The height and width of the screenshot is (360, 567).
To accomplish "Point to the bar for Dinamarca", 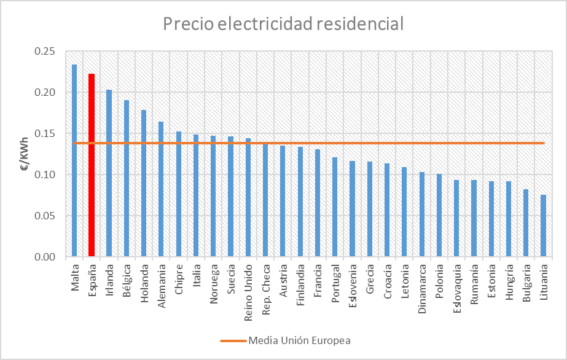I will click(x=421, y=214).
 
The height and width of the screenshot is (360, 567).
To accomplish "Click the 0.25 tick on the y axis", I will click(x=45, y=52).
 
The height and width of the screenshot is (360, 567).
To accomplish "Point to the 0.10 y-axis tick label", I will click(x=45, y=175).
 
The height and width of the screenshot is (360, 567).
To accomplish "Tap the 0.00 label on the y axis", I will click(x=45, y=257).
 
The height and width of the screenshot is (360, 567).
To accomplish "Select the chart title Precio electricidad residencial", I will click(x=283, y=24).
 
